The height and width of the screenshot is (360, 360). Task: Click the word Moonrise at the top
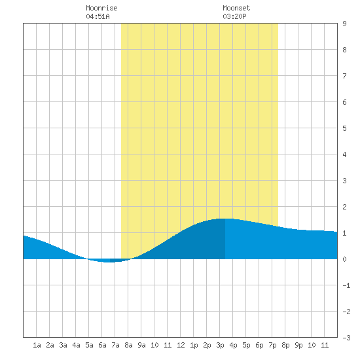(x=101, y=8)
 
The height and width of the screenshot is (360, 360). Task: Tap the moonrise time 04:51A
(x=98, y=16)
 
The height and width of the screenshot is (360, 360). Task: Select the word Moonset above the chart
(x=236, y=8)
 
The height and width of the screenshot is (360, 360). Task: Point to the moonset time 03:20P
(x=234, y=16)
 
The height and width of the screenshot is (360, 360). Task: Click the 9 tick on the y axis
(x=344, y=24)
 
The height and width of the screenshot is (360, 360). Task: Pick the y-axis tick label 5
(x=344, y=128)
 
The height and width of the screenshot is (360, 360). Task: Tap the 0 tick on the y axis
(x=344, y=259)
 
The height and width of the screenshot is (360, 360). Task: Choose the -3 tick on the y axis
(x=346, y=338)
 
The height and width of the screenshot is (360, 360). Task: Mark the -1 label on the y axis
(x=346, y=285)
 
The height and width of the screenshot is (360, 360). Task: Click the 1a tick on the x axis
(x=37, y=345)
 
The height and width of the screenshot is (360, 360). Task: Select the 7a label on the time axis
(x=115, y=345)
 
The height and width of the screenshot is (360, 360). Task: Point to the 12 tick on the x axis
(x=181, y=345)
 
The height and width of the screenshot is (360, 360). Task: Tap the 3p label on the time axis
(x=220, y=345)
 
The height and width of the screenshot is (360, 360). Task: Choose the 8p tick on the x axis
(x=285, y=345)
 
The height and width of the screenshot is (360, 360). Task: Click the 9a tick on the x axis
(x=141, y=345)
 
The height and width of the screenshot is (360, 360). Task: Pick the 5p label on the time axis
(x=246, y=345)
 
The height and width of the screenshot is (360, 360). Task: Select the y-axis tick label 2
(x=344, y=207)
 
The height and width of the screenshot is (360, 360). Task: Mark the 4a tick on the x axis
(x=76, y=345)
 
